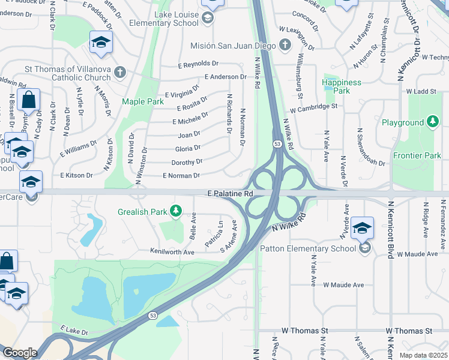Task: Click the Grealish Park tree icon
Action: click(x=176, y=211)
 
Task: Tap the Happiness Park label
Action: click(x=342, y=86)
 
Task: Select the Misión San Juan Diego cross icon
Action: click(x=285, y=45)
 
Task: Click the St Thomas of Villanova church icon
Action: click(x=120, y=72)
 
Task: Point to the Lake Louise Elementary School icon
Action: click(x=208, y=18)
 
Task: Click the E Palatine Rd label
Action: click(x=229, y=194)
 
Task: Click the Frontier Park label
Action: click(x=417, y=155)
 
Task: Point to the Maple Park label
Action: click(x=142, y=101)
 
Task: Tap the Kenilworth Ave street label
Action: click(x=172, y=252)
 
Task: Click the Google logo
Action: click(x=20, y=352)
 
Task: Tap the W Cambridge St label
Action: click(x=313, y=108)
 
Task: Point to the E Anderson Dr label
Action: click(x=225, y=77)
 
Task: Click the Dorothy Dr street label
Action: click(x=187, y=162)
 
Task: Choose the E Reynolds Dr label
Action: click(x=198, y=64)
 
